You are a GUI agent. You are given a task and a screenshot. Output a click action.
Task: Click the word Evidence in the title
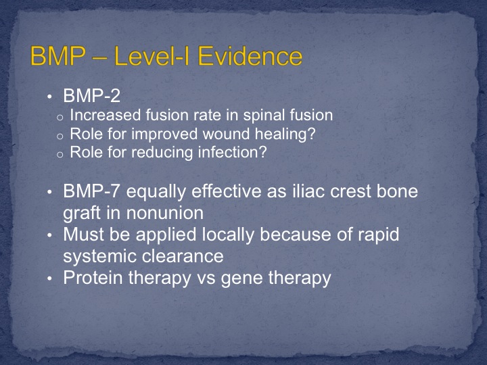[x=250, y=56]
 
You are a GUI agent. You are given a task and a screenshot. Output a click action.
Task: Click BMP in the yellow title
[x=57, y=56]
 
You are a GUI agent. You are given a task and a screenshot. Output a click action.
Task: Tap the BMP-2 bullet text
[x=91, y=95]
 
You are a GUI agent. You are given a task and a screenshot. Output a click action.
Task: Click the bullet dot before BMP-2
[x=49, y=97]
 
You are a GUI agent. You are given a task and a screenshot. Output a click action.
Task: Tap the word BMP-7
[x=91, y=191]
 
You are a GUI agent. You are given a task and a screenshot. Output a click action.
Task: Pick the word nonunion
[x=165, y=213]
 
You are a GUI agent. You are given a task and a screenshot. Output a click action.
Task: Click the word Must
[x=84, y=235]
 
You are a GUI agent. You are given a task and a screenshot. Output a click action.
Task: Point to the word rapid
[x=379, y=236]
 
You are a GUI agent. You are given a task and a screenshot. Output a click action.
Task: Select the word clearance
[x=183, y=256]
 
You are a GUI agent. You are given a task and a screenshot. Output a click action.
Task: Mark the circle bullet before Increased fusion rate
[x=60, y=118]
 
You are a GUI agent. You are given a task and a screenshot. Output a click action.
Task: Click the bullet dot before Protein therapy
[x=49, y=278]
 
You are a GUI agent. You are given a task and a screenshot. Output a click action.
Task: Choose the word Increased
[x=106, y=115]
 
